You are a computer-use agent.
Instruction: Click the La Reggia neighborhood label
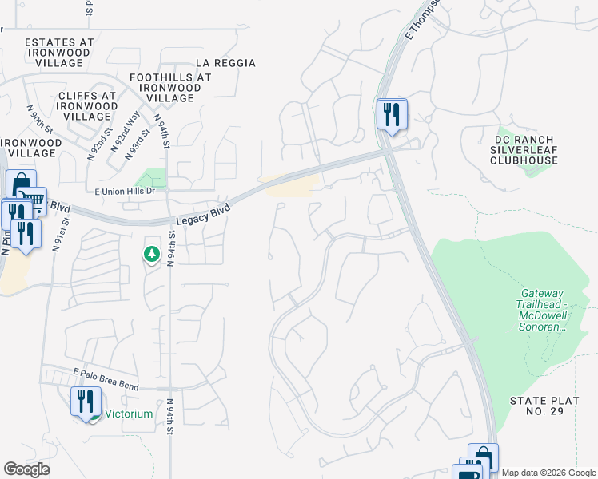tap(225, 63)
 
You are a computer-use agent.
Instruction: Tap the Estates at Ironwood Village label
tap(59, 52)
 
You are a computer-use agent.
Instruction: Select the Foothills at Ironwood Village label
tap(170, 88)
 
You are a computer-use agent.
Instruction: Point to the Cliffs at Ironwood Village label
tap(87, 106)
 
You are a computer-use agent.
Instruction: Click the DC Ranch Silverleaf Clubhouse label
tap(524, 149)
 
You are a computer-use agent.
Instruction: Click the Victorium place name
tap(129, 414)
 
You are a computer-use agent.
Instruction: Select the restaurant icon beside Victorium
tap(86, 401)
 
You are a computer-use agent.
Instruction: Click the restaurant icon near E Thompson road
tap(392, 113)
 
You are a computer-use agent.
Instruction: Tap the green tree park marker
tap(151, 254)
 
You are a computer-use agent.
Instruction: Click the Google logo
tap(26, 469)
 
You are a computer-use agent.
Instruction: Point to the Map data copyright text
tap(548, 473)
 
